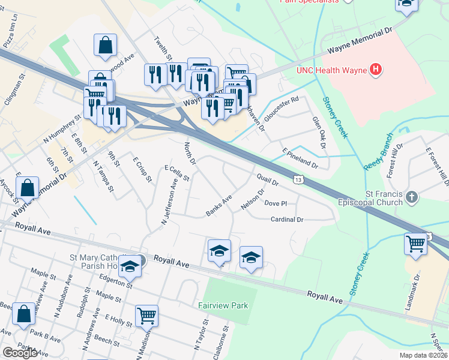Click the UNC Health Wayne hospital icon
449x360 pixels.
[376, 70]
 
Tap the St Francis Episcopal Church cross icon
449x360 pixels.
[412, 197]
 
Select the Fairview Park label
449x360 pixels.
[223, 305]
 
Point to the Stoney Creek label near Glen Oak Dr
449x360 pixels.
[335, 118]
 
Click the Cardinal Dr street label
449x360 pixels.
[286, 220]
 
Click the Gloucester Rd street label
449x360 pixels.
[282, 108]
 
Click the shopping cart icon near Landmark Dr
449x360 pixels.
[415, 244]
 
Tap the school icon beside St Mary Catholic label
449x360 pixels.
[130, 266]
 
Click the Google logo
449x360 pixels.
[20, 353]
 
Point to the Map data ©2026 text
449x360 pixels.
[423, 355]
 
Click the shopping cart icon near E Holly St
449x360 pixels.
[146, 315]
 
